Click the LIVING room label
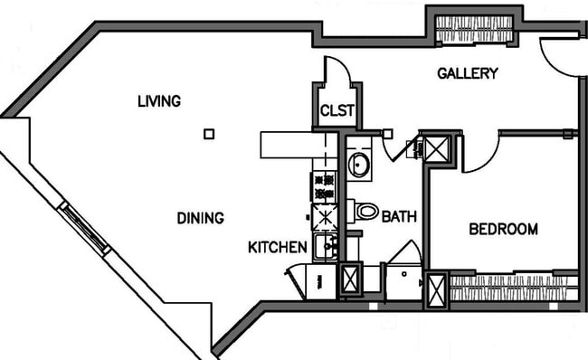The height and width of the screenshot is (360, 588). (158, 100)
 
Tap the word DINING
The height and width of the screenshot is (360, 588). (200, 218)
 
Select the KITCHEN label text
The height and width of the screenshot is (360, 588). (278, 246)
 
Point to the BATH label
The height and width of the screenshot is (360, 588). (398, 217)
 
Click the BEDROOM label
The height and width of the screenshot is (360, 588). (503, 229)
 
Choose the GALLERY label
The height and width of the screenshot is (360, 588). (467, 73)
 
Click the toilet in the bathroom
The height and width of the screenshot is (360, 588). (365, 212)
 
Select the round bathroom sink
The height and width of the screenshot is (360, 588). (357, 166)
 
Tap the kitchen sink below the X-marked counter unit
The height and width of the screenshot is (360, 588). (325, 245)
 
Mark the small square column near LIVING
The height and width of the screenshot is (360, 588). (209, 134)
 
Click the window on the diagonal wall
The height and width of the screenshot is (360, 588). (83, 228)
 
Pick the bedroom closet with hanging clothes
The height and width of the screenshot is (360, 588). (513, 289)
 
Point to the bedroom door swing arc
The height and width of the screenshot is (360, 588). (481, 154)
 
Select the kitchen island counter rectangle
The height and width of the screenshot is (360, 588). (291, 144)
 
